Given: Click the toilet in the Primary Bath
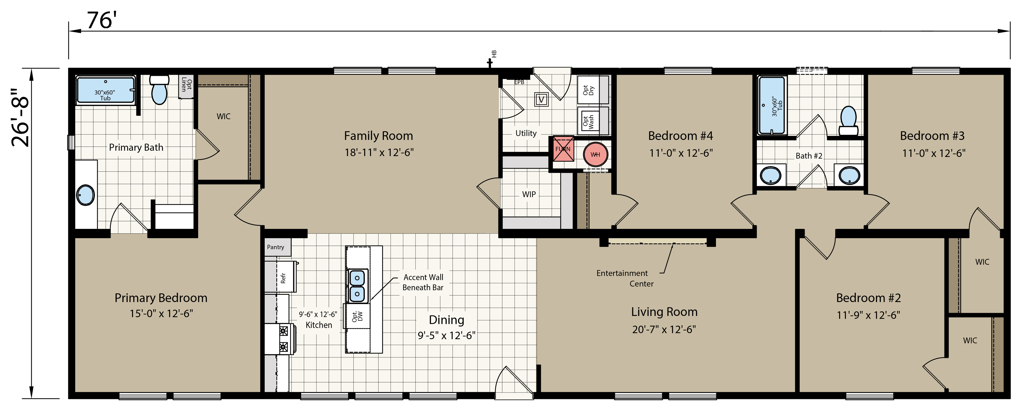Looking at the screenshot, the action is pos(159,89).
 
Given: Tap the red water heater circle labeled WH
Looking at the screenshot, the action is pos(595,154).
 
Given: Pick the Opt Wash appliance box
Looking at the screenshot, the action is pos(592,121).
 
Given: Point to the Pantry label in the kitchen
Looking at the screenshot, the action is pos(275,247).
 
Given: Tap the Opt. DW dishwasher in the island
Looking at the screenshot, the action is pos(357,316).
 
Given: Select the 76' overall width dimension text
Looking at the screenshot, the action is pos(102,20).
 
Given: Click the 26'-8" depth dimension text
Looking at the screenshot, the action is pos(20,117).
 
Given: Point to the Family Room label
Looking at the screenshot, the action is pos(378,136).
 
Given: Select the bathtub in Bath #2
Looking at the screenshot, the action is pos(772,105).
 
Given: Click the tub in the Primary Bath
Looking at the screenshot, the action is pos(105,90).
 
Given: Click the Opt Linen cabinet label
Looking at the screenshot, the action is pos(186,85).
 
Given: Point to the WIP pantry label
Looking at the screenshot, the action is pos(529,194).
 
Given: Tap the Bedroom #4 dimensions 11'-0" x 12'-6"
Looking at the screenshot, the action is pos(681,153).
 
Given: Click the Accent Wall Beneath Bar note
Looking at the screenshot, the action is pos(423,282).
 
